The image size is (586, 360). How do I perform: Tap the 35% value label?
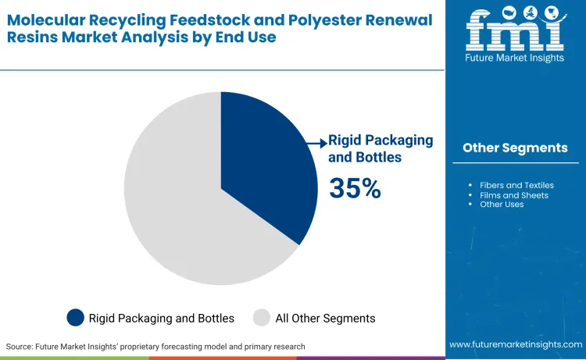pyautogui.click(x=355, y=188)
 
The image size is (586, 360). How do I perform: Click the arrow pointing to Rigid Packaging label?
pyautogui.click(x=316, y=142)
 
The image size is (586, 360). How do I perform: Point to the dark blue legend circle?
pyautogui.click(x=75, y=318)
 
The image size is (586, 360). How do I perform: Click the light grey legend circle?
pyautogui.click(x=262, y=318)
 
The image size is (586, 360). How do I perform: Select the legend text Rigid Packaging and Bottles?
pyautogui.click(x=161, y=318)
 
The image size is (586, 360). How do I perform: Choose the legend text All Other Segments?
pyautogui.click(x=326, y=318)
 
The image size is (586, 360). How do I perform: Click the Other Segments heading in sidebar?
pyautogui.click(x=515, y=148)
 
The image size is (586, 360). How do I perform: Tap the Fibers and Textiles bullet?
pyautogui.click(x=516, y=185)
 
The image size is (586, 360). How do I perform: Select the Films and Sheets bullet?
pyautogui.click(x=514, y=195)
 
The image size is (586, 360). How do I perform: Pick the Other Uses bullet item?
pyautogui.click(x=502, y=205)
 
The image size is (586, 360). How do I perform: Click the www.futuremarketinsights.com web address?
pyautogui.click(x=515, y=344)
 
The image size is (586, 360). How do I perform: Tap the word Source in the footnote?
pyautogui.click(x=20, y=346)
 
